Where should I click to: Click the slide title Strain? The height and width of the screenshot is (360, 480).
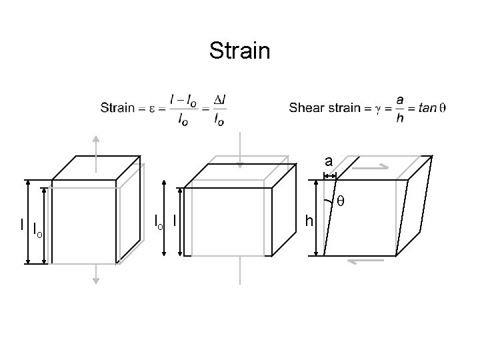239,51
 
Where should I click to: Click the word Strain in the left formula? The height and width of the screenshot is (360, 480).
117,108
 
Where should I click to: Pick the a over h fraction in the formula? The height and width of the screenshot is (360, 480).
399,108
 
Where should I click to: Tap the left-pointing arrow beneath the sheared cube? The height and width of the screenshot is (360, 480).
363,261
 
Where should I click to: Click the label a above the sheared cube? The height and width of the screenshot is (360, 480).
329,161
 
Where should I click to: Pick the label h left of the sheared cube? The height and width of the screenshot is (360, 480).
307,220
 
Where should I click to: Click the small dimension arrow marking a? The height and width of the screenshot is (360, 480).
329,175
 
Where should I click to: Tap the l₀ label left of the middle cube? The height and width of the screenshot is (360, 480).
158,220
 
